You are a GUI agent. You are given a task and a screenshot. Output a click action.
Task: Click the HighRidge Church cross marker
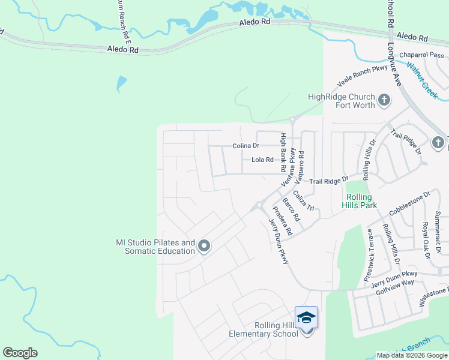pyautogui.click(x=384, y=98)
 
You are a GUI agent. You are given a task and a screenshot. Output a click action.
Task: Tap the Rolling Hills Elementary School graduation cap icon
pyautogui.click(x=306, y=317)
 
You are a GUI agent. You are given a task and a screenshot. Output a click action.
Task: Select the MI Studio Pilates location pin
pyautogui.click(x=204, y=246)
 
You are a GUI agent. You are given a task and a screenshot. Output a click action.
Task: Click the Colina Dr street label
pyautogui.click(x=246, y=146)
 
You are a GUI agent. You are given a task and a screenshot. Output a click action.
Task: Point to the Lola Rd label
pyautogui.click(x=262, y=160)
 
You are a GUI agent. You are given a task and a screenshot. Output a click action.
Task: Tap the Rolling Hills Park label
pyautogui.click(x=360, y=201)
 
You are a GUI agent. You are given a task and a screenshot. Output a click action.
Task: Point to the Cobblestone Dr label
pyautogui.click(x=410, y=203)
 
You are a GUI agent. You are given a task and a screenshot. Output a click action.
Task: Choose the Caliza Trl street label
pyautogui.click(x=304, y=200)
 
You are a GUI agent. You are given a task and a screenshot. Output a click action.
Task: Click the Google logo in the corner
pyautogui.click(x=20, y=353)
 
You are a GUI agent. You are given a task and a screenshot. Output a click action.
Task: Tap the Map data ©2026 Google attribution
pyautogui.click(x=412, y=355)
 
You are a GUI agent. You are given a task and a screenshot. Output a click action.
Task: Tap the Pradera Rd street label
pyautogui.click(x=282, y=220)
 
